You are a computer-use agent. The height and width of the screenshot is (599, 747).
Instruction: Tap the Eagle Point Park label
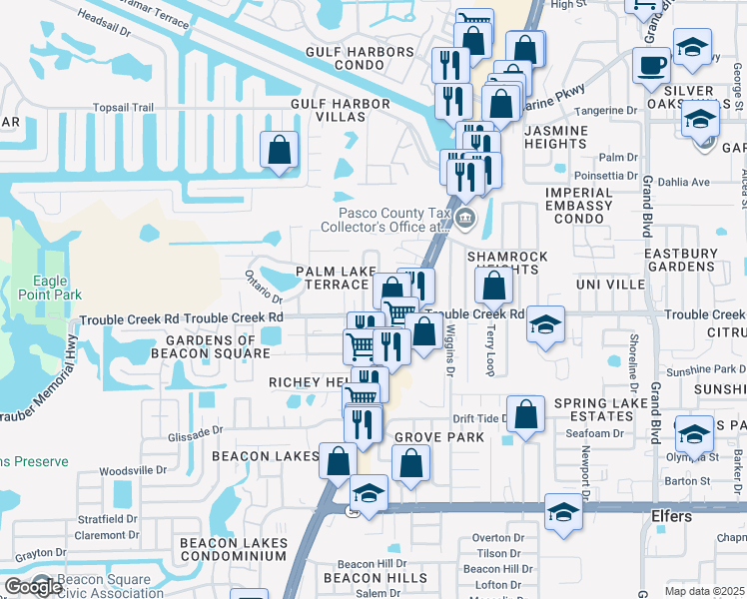click(x=50, y=288)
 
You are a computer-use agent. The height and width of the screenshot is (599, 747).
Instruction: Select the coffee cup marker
click(x=652, y=66)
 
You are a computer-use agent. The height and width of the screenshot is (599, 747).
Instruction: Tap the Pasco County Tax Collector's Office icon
click(x=464, y=218)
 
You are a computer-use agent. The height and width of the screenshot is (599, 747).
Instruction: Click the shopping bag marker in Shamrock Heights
click(x=494, y=287)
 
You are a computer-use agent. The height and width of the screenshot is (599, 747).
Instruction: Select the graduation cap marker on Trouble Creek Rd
click(x=545, y=324)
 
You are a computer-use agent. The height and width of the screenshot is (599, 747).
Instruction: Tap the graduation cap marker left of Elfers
click(x=564, y=513)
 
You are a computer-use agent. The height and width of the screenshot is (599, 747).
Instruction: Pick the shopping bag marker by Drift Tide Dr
click(x=526, y=414)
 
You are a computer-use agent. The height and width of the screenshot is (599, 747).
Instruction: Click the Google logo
click(x=33, y=587)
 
